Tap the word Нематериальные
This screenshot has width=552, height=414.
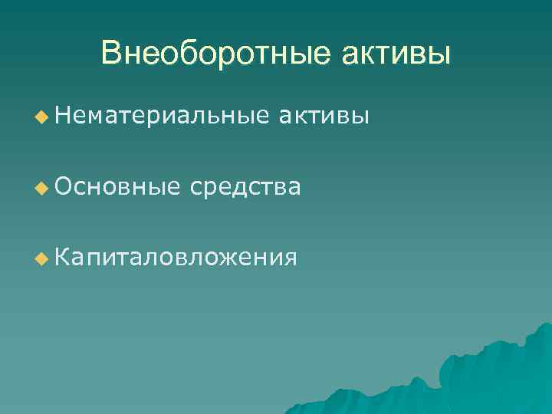(162, 117)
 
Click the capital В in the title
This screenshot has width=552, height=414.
(112, 54)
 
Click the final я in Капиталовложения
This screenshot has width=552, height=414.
(288, 258)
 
